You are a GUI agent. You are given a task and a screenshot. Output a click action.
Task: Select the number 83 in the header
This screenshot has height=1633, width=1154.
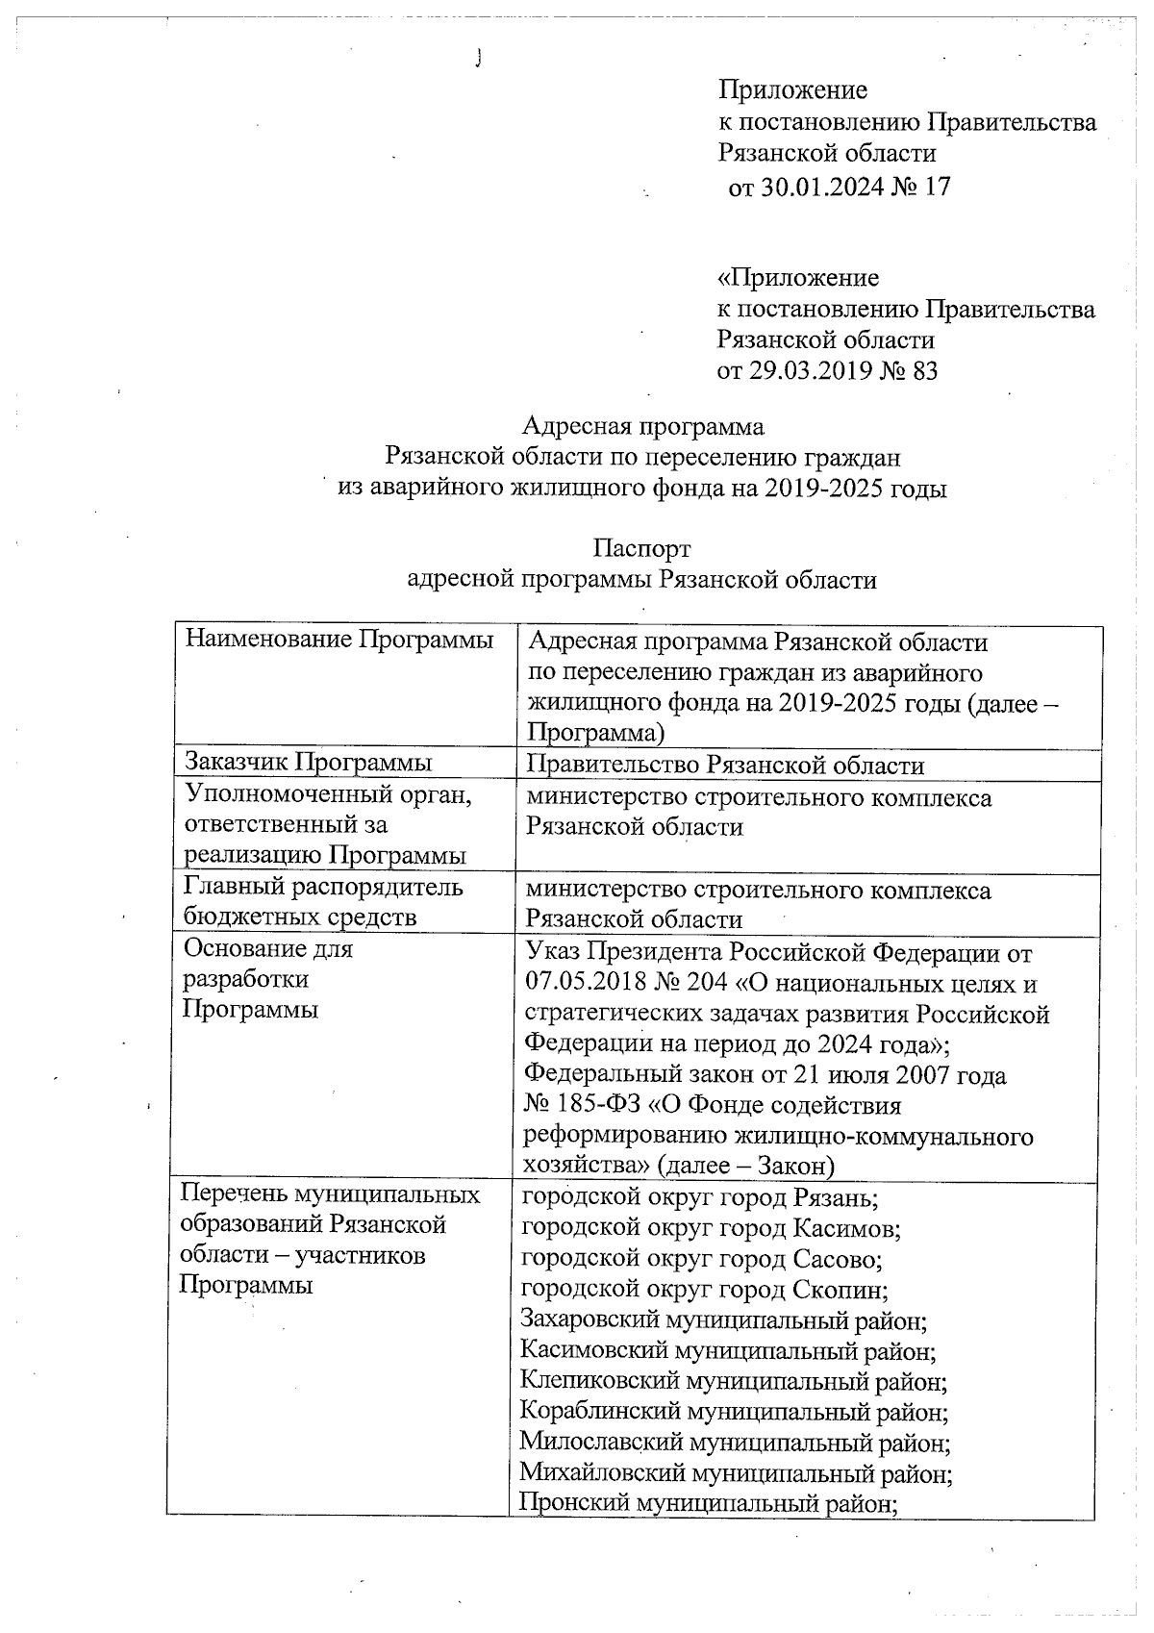(923, 371)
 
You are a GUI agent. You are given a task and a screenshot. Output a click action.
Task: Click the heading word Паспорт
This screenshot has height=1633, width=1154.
(641, 548)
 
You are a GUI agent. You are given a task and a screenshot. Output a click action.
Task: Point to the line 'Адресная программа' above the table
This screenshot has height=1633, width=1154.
(642, 426)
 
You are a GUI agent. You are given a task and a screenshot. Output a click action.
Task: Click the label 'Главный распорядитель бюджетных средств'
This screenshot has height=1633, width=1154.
(323, 902)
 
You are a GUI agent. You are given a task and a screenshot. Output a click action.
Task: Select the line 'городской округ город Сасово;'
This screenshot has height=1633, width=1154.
(702, 1259)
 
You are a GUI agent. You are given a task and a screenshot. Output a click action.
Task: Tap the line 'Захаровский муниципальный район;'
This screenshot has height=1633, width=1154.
(723, 1320)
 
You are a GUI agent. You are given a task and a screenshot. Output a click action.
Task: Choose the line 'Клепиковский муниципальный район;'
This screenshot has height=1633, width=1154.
(734, 1382)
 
